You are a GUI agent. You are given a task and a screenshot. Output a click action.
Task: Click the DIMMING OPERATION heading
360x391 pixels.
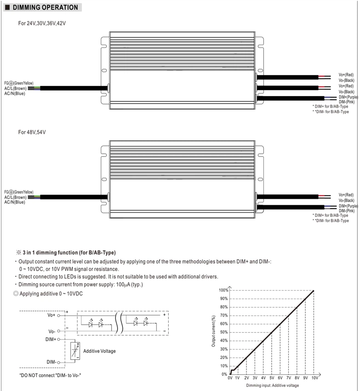coord(45,7)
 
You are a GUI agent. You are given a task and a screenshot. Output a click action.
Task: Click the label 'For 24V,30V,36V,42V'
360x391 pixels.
coord(42,23)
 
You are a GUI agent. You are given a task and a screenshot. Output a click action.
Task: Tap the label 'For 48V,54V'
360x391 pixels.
coord(32,132)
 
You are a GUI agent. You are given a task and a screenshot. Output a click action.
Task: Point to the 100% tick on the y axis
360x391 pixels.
coord(223,290)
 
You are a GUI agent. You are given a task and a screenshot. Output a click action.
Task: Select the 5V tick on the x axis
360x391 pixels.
coord(272,378)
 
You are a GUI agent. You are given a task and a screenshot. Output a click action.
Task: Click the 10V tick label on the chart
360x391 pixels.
coord(315,378)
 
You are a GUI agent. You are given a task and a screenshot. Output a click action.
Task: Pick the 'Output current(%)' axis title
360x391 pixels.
coord(213,331)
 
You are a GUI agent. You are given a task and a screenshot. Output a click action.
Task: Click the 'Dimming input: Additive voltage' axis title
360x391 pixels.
coord(273,385)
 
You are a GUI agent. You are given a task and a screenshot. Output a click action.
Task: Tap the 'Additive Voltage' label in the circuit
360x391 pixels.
coord(99,351)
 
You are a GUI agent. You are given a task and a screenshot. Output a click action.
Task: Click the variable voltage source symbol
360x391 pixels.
coord(75,351)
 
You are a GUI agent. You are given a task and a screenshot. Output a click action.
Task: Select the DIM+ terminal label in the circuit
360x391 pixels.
coord(51,339)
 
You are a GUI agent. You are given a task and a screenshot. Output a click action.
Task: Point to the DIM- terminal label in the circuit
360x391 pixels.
coord(51,362)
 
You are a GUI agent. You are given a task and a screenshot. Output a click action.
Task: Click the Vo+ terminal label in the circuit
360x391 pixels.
coord(51,315)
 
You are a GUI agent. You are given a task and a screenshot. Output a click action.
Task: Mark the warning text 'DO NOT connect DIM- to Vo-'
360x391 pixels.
coord(50,375)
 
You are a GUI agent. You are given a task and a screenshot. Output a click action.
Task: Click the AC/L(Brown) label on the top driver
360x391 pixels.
coord(15,88)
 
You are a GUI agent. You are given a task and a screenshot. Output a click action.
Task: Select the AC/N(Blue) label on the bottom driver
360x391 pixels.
coord(15,202)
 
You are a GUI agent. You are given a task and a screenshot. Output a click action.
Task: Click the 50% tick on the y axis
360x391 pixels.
coord(224,332)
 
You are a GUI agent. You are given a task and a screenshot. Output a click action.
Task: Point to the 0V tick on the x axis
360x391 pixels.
coord(230,378)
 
